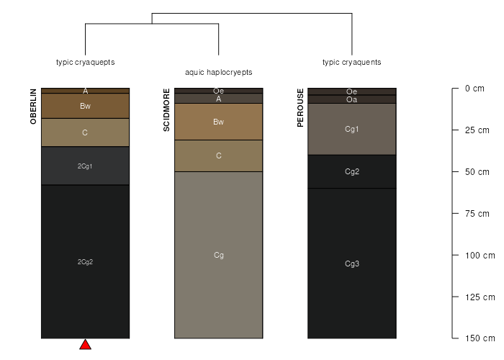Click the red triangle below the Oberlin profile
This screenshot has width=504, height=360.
coord(85,345)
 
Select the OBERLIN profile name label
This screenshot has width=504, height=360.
coord(33,107)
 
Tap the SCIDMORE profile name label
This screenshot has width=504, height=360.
coord(166,110)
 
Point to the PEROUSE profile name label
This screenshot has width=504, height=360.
coord(300,108)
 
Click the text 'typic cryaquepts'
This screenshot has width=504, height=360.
coord(86,62)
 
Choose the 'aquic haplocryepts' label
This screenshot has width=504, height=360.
coord(219,72)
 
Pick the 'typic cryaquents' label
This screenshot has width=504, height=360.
coord(352,62)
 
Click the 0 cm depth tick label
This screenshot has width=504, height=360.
coord(474,89)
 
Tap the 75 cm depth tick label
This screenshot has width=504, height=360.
coord(477,213)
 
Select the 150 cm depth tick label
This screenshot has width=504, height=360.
coord(480,338)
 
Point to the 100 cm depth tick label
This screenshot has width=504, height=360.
coord(480,255)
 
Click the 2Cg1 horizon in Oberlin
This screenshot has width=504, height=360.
coord(85,166)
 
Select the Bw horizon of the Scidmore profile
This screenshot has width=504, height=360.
coord(219,122)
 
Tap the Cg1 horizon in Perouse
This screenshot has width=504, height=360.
coord(352,129)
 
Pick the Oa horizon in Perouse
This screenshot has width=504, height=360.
coord(352,99)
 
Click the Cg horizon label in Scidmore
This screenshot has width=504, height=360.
coord(219,255)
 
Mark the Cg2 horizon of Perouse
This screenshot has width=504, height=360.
coord(352,171)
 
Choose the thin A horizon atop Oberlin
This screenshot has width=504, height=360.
coord(85,91)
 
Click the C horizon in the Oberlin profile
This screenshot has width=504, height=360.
coord(85,132)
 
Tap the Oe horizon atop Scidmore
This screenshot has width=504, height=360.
coord(219,91)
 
